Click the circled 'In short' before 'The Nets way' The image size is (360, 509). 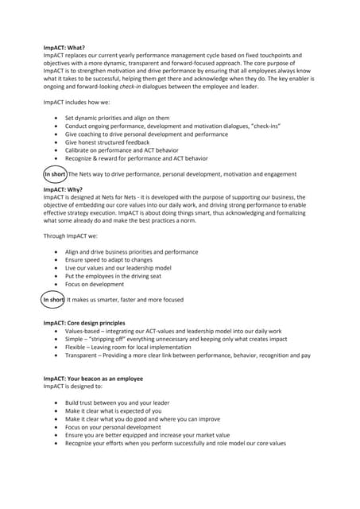point(54,173)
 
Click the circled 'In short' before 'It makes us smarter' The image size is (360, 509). point(53,300)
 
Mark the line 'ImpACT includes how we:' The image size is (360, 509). point(79,103)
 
